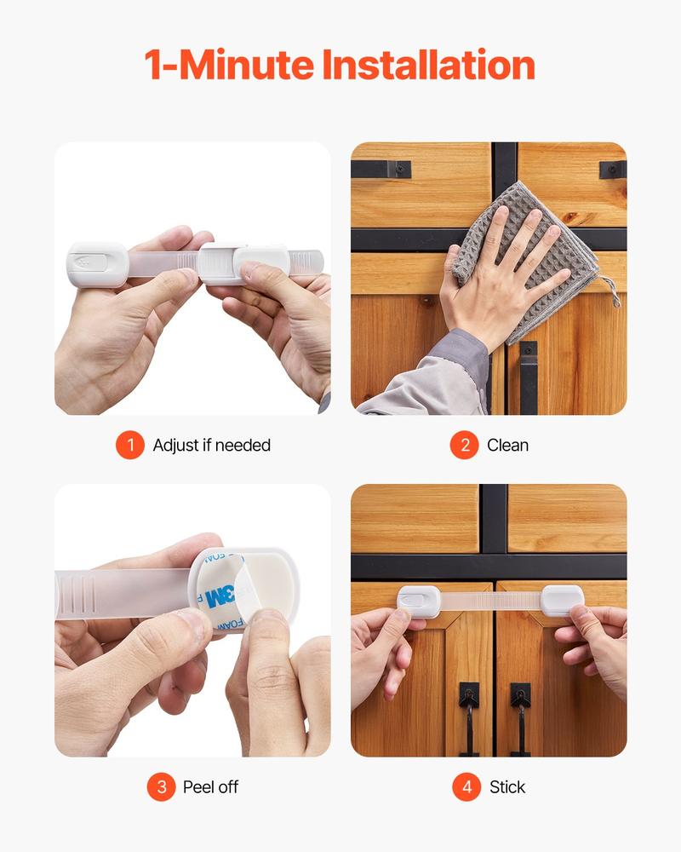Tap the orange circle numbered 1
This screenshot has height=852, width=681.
coord(130,445)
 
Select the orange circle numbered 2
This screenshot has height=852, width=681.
coord(464,445)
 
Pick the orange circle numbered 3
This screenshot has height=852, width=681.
coord(160,787)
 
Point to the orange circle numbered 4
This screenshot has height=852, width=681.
coord(466,787)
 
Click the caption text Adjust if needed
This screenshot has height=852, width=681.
coord(212,445)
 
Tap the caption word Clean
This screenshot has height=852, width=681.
coord(508,445)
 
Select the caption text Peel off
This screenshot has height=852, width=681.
coord(211,787)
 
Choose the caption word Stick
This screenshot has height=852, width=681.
coord(508,787)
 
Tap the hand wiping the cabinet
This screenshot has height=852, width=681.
coord(489,273)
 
